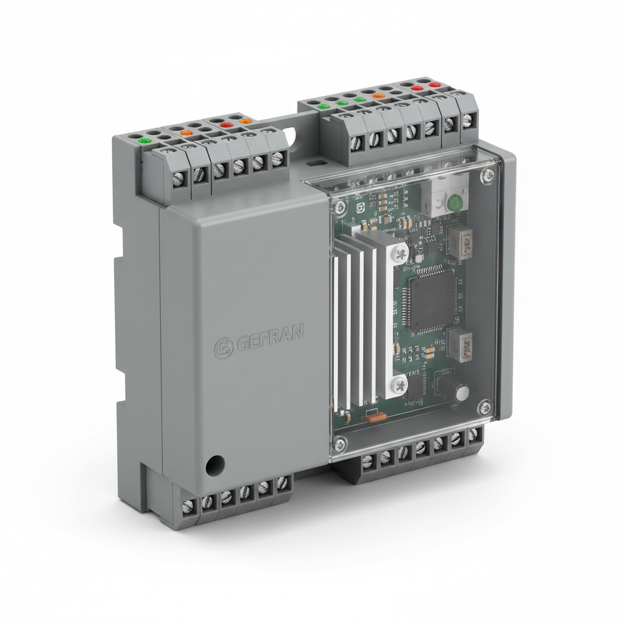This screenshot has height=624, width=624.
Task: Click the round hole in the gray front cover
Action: (x=214, y=466)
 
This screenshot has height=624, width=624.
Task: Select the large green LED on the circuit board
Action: (x=454, y=202)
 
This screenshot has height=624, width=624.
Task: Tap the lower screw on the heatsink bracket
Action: (x=399, y=383)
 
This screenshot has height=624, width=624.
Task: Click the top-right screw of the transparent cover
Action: (x=487, y=176)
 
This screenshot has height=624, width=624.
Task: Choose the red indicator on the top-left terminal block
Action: (x=226, y=125)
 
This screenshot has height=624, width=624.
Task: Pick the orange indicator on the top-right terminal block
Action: (x=378, y=96)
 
